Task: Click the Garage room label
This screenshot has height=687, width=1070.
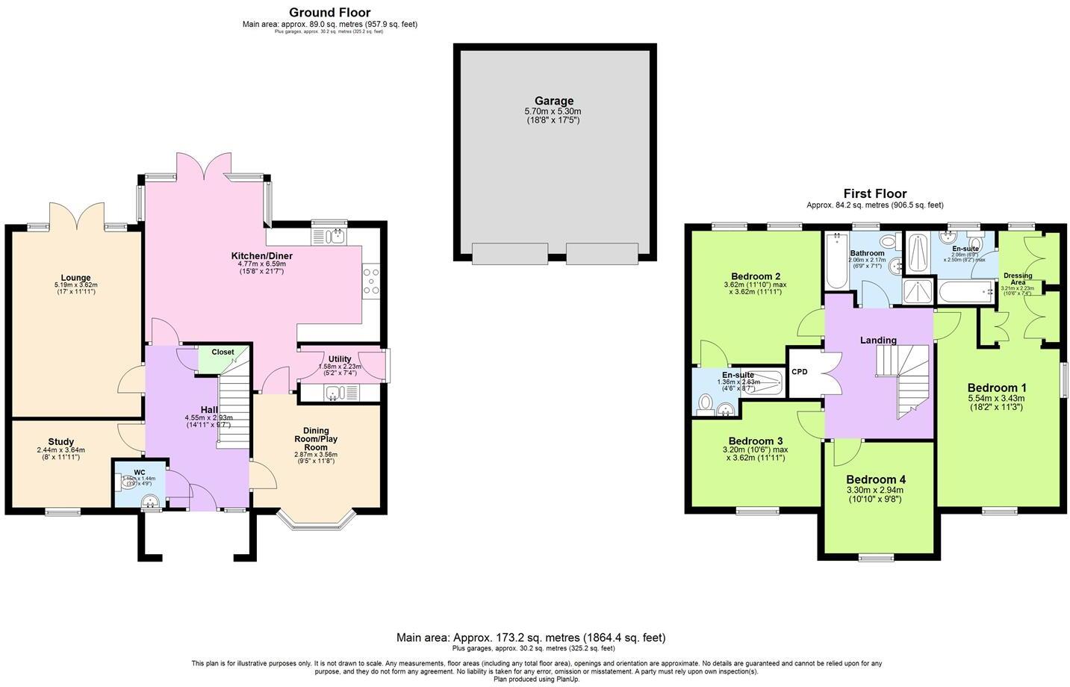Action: click(x=553, y=101)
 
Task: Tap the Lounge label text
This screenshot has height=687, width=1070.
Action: click(x=76, y=278)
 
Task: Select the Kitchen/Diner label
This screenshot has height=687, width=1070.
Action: click(x=261, y=256)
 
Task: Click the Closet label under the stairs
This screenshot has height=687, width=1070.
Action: click(x=223, y=352)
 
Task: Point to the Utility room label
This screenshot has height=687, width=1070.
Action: click(x=340, y=359)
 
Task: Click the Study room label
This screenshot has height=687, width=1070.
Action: click(x=60, y=442)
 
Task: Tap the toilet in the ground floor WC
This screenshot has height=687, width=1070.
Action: click(x=128, y=483)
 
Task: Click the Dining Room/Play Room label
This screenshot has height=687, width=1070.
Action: click(x=316, y=438)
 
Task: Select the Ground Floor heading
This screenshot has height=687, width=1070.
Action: click(x=329, y=13)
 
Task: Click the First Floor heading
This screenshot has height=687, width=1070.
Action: click(x=874, y=193)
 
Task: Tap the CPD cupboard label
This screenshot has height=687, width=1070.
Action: click(x=799, y=371)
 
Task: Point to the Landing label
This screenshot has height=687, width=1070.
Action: click(x=877, y=341)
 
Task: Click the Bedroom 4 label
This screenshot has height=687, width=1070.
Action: click(x=875, y=479)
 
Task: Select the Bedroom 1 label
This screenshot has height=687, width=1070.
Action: click(x=997, y=388)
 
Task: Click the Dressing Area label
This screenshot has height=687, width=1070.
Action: click(x=1018, y=279)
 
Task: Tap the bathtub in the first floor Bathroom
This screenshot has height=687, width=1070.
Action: click(x=836, y=261)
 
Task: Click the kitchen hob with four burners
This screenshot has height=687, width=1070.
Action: click(x=371, y=282)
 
